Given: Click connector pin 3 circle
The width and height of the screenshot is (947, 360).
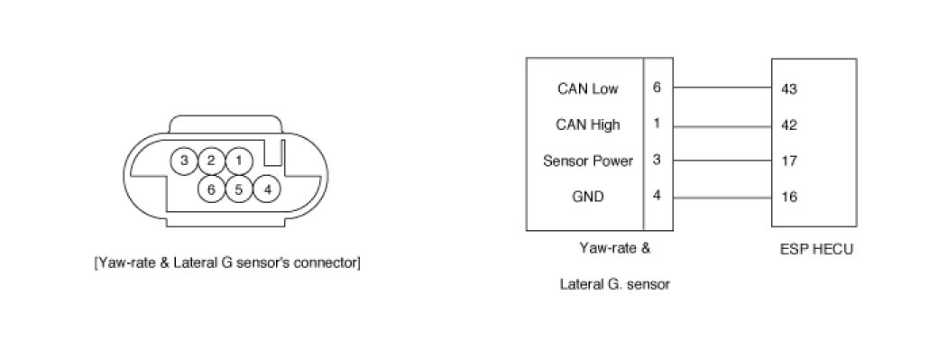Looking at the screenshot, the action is (184, 161).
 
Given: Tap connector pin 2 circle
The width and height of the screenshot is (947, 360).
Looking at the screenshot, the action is (211, 161).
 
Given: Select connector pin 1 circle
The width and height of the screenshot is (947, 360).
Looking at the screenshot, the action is (239, 161).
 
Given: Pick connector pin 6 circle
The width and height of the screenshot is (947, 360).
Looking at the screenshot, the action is (211, 189).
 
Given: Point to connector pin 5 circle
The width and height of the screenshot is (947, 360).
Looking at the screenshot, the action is (239, 189).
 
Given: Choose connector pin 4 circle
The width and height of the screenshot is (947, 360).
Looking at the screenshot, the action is (267, 189).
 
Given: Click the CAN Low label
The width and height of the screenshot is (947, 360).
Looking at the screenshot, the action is (588, 88).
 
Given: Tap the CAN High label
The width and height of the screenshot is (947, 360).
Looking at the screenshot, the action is (588, 125).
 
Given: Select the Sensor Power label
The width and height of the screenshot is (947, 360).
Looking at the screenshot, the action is (588, 162).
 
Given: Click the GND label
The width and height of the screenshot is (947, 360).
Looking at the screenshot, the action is (588, 197).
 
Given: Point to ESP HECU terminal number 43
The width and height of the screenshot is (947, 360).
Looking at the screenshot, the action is (789, 89).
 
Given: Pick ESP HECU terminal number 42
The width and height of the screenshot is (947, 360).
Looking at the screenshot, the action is (789, 125).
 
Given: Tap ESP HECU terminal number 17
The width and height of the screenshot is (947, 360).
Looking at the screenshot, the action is (788, 162).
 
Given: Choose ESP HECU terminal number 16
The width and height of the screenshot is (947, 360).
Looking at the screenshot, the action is (788, 197).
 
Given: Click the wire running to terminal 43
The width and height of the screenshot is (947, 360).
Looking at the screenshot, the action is (722, 88).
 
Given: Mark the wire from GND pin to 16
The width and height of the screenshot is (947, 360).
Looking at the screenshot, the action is (722, 198).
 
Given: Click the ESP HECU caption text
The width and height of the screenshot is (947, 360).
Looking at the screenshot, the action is (816, 249).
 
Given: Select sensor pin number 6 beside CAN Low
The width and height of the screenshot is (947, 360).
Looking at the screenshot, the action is (657, 88).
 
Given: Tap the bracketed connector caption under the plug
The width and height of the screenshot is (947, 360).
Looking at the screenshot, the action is (227, 263).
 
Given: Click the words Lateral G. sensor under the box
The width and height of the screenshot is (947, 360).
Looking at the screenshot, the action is (615, 284).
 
